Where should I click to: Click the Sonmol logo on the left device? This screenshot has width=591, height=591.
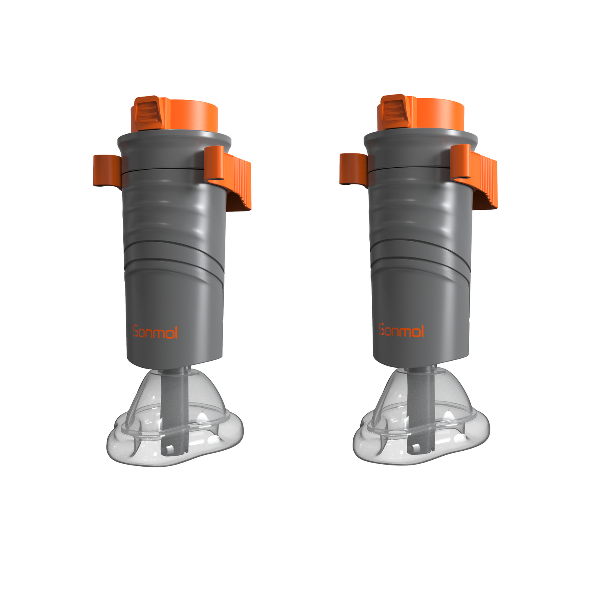[x=155, y=332]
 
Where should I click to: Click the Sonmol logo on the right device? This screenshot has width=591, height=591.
[x=402, y=330]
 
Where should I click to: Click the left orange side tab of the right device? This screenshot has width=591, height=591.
[x=354, y=169]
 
